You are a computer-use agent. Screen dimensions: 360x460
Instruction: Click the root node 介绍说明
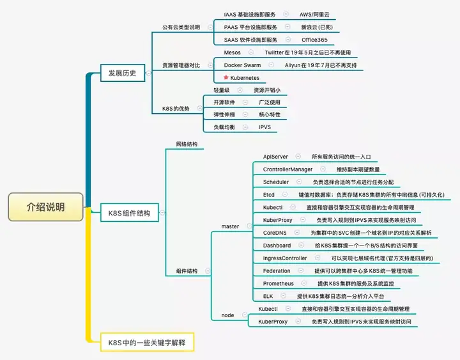point(45,208)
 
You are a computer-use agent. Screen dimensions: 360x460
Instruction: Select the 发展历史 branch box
point(122,74)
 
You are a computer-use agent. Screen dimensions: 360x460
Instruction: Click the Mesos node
point(233,52)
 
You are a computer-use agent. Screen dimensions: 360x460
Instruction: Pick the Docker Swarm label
point(242,65)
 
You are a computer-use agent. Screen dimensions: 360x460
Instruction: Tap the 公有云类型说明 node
point(181,27)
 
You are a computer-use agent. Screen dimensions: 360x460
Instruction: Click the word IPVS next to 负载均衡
point(264,127)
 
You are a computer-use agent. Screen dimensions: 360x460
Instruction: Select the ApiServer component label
point(275,157)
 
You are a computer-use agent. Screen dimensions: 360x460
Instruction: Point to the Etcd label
point(268,194)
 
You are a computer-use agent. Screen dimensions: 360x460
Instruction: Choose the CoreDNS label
point(275,233)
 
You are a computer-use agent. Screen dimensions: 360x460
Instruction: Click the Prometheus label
point(279,283)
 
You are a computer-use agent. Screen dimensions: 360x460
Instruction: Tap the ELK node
point(268,296)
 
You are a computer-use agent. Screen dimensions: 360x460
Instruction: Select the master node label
point(230,226)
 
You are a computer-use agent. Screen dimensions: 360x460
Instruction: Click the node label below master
point(227,315)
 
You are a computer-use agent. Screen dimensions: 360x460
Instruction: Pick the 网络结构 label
point(187,145)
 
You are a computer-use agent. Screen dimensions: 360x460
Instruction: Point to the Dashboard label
point(277,246)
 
